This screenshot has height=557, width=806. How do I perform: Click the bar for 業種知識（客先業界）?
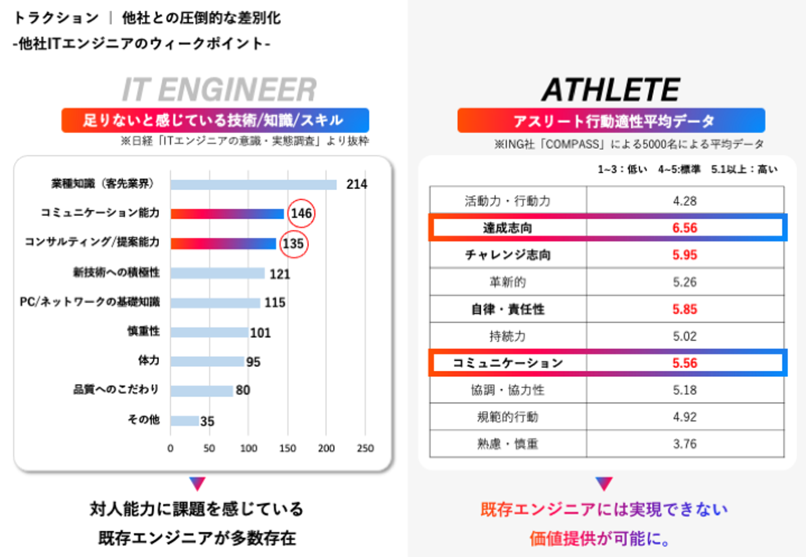[254, 185]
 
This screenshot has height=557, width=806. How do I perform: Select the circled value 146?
[301, 214]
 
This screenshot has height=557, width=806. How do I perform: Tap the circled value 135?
[293, 244]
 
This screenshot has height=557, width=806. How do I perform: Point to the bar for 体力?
[208, 361]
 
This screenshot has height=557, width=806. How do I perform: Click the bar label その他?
[144, 419]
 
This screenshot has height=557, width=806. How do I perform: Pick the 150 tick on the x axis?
[288, 449]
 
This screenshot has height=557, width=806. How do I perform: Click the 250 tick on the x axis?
[365, 449]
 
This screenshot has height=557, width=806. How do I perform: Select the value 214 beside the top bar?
[357, 184]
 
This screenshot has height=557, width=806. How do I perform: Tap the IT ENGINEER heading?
[219, 89]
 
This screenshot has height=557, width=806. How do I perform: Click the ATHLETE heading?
[611, 89]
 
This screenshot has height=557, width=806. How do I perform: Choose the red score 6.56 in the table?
[685, 228]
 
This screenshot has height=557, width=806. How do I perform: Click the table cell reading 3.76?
[685, 444]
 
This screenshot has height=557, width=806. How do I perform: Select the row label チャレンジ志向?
[508, 255]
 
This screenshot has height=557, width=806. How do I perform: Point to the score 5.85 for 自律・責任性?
[685, 309]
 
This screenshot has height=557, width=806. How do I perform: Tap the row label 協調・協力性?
[508, 390]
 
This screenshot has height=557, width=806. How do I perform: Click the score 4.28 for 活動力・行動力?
[685, 201]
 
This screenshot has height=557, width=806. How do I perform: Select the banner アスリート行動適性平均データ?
[611, 121]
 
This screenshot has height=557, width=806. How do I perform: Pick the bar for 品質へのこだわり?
[201, 390]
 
